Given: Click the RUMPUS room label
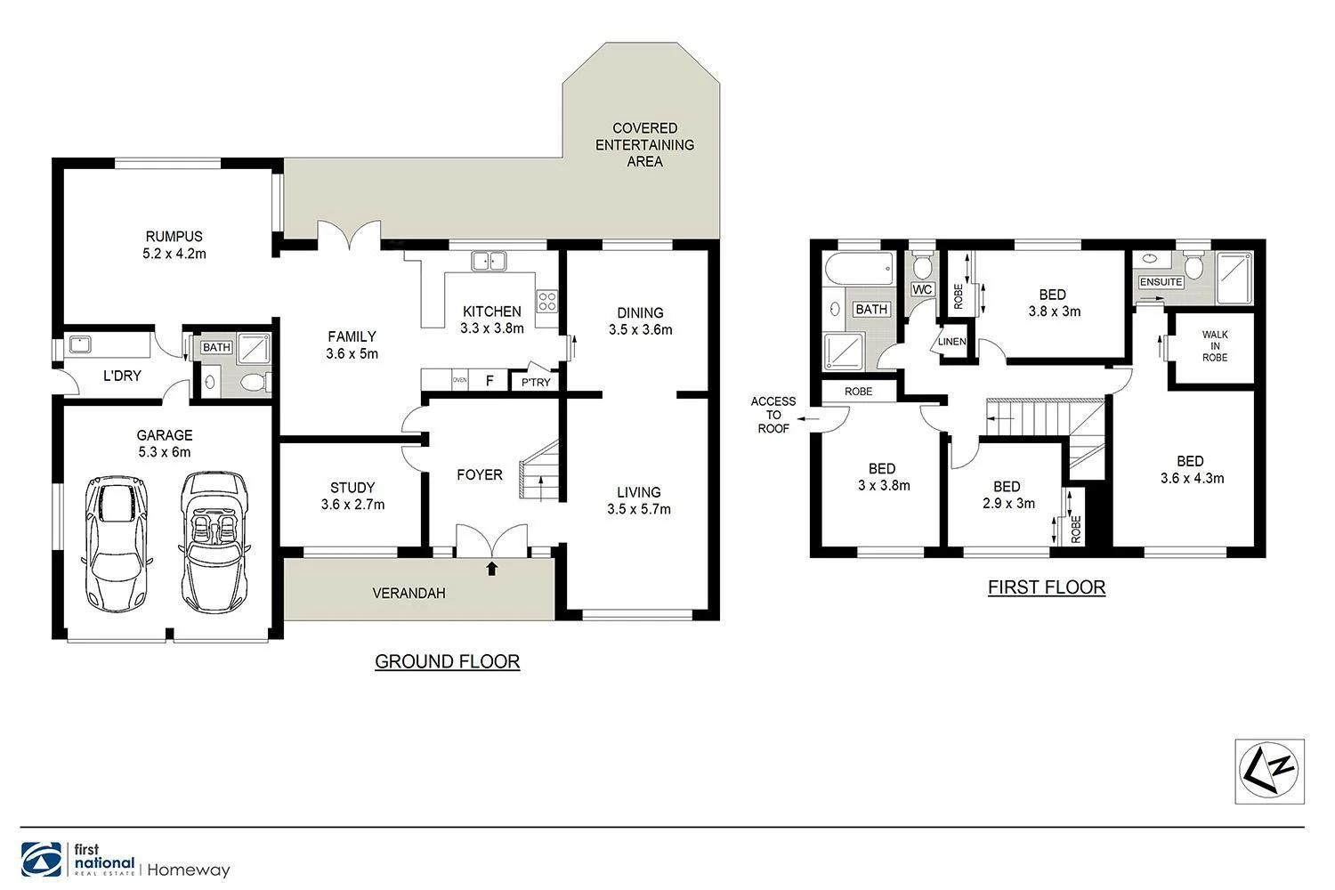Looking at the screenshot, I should point(174,237).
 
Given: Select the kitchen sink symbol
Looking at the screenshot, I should point(489,261).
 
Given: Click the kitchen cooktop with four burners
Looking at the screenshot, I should point(546,302).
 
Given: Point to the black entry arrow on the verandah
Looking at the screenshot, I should point(492,568).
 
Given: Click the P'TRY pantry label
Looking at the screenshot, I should point(536,383).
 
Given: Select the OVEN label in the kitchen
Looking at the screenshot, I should point(460,380).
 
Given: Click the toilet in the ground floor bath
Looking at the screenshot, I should point(253,384).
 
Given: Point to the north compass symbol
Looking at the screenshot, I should point(1270,771).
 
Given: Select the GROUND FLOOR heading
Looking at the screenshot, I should point(447,661).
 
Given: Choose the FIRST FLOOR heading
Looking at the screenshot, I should point(1047,587).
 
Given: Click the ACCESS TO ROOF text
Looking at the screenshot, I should point(773,415).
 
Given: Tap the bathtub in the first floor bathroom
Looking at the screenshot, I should point(859,270).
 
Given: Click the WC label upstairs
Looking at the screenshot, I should point(922,289).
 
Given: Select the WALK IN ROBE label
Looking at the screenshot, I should point(1214,346).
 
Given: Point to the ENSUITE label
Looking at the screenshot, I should point(1161,282).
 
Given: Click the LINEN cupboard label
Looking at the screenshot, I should point(951,343).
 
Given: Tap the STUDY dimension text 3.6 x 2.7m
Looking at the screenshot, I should point(352,505).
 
